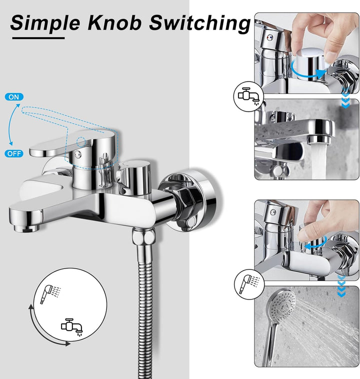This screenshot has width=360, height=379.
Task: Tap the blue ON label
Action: (14, 96)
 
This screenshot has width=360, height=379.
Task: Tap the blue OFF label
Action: (14, 153)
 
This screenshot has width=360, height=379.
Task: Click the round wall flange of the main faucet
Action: (192, 200)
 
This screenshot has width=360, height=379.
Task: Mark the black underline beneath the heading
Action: (38, 37)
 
